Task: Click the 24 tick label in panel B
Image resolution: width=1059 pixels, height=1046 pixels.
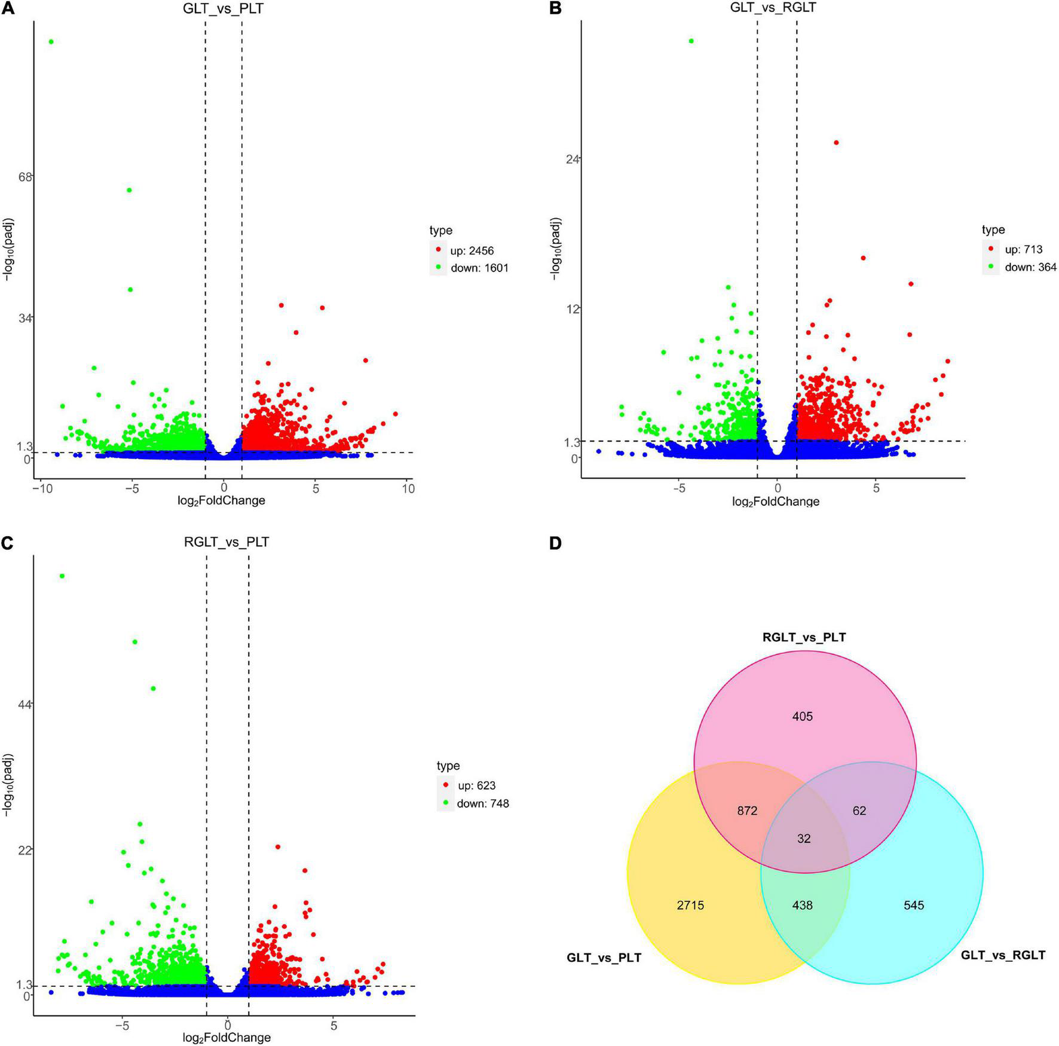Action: pyautogui.click(x=573, y=159)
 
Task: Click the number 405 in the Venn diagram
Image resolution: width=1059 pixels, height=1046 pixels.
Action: pyautogui.click(x=803, y=716)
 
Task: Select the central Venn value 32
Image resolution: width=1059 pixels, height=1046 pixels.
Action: pyautogui.click(x=804, y=839)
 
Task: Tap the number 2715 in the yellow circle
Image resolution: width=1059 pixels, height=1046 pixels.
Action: pyautogui.click(x=690, y=906)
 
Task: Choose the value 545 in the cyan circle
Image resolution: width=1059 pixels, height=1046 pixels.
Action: pyautogui.click(x=914, y=906)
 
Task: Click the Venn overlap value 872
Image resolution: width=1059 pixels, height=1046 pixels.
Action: pyautogui.click(x=747, y=811)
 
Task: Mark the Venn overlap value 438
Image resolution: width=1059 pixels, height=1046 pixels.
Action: pyautogui.click(x=803, y=906)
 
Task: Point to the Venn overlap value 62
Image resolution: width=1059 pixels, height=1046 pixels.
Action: pyautogui.click(x=859, y=811)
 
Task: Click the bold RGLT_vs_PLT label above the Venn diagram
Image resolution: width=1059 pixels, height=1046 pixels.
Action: pyautogui.click(x=804, y=637)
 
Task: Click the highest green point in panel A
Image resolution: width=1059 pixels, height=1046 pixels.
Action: pyautogui.click(x=51, y=42)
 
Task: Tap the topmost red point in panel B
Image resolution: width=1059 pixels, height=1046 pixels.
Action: pyautogui.click(x=836, y=142)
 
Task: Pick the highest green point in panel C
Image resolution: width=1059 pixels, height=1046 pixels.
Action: pyautogui.click(x=62, y=576)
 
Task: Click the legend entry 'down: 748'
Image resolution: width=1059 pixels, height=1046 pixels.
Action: pyautogui.click(x=482, y=803)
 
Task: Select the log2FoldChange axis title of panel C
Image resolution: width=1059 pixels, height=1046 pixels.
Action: pyautogui.click(x=228, y=1038)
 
